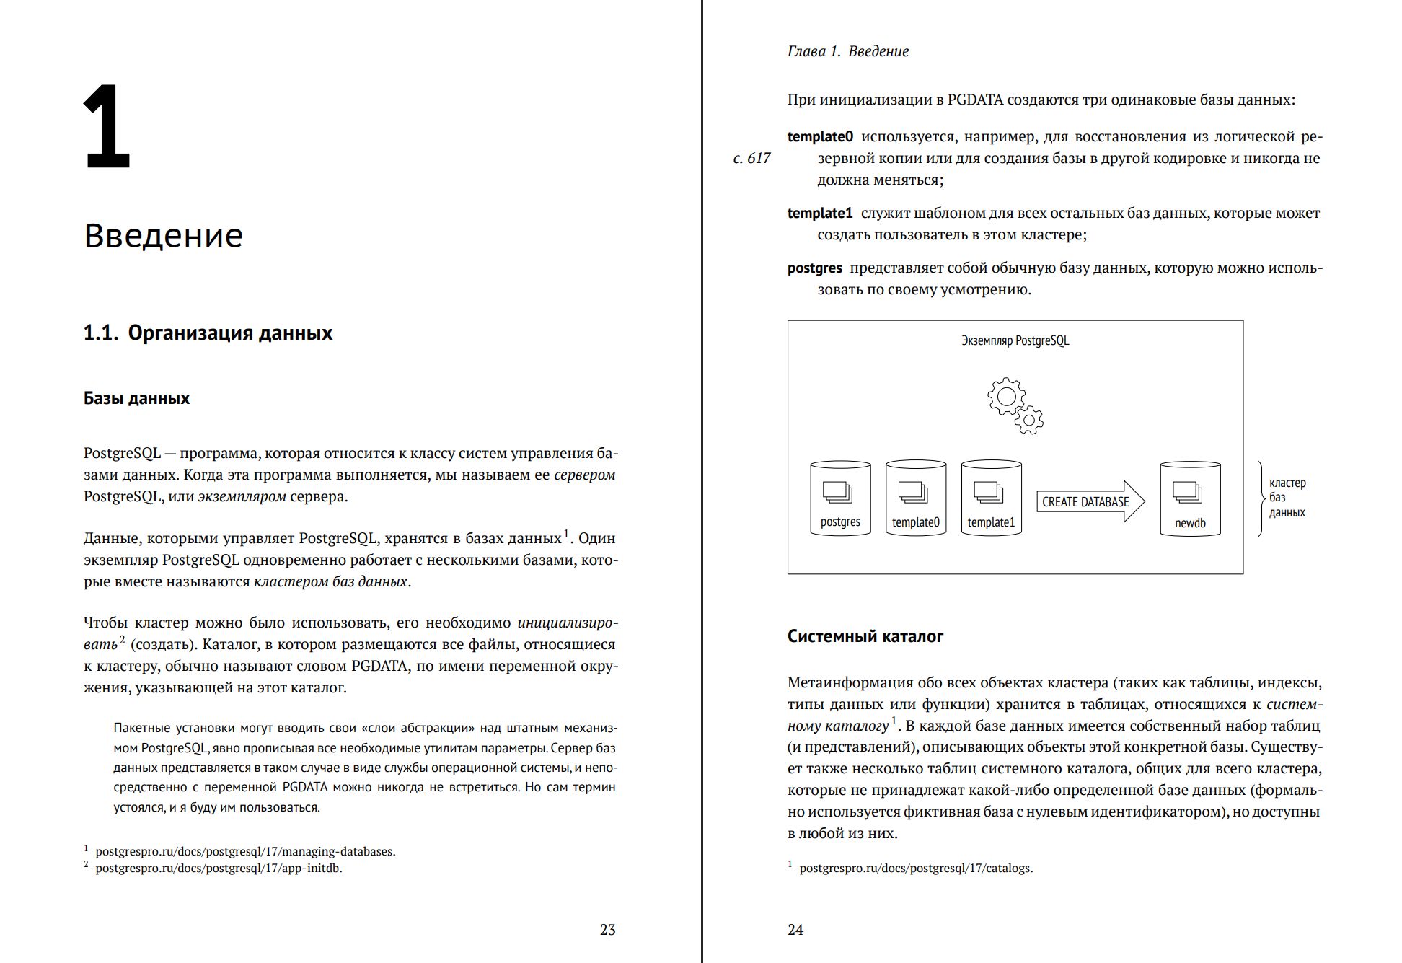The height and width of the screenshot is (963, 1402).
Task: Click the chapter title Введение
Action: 163,235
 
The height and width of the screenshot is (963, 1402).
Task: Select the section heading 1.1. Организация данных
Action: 208,333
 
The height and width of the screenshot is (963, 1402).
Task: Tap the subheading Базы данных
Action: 136,398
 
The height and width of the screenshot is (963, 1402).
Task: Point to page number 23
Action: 607,930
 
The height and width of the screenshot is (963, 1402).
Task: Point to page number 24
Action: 795,930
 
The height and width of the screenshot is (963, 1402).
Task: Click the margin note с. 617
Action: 751,158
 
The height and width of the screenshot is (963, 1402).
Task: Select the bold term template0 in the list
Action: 820,136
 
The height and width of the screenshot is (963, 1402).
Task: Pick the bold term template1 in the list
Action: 820,213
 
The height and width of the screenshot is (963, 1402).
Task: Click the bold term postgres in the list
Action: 814,268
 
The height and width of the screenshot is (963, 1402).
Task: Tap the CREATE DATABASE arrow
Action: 1089,501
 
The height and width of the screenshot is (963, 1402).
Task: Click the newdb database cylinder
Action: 1190,499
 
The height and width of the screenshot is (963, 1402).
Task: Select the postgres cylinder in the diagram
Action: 840,499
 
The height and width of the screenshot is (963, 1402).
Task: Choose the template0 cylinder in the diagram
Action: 915,499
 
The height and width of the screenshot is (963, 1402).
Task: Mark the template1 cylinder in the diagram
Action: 991,499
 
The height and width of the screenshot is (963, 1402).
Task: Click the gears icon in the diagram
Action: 1014,405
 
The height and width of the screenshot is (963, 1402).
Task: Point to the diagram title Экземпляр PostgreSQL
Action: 1015,340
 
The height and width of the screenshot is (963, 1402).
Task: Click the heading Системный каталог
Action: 865,636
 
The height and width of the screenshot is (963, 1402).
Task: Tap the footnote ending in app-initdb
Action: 219,868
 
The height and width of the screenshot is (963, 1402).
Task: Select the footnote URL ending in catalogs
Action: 916,868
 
